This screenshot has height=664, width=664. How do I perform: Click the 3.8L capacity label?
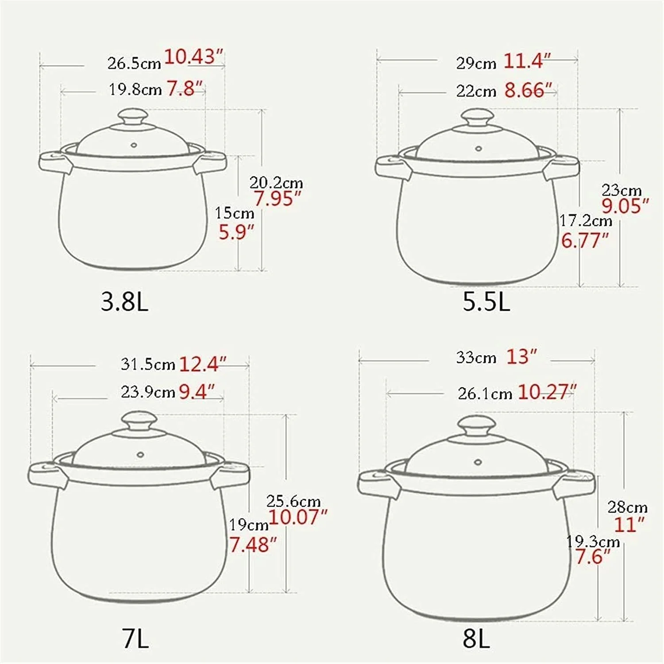click(x=124, y=302)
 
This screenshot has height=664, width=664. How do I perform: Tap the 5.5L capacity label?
click(x=486, y=302)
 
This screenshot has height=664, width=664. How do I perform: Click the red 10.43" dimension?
click(x=193, y=57)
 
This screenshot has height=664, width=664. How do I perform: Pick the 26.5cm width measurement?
click(x=134, y=63)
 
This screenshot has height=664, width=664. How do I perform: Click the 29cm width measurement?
click(x=476, y=63)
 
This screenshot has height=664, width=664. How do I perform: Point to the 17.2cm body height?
click(x=586, y=220)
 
